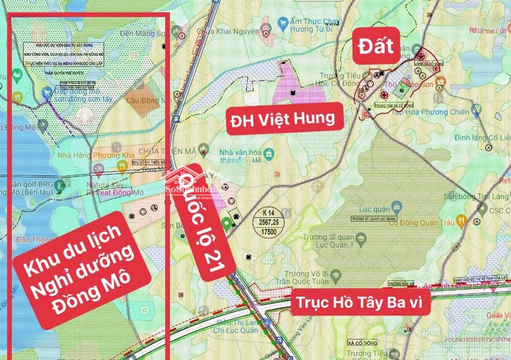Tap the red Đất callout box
coord(376,46)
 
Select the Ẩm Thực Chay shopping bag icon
coord(283,22)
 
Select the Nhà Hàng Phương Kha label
coord(89,155)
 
